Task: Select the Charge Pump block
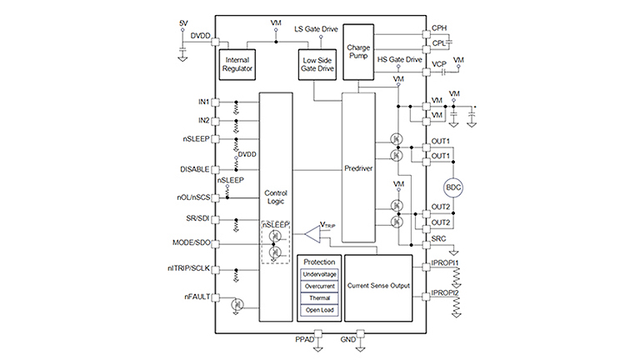pos(359,51)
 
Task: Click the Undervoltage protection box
pos(320,272)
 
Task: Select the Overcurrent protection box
pos(320,285)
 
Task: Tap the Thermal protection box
pos(320,297)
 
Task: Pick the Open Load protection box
pos(320,311)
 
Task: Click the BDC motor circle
pos(453,187)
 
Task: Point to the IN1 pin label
pos(203,102)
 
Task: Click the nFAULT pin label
pos(197,297)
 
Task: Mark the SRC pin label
pos(437,240)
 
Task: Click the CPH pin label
pos(439,27)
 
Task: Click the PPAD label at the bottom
pos(305,340)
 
